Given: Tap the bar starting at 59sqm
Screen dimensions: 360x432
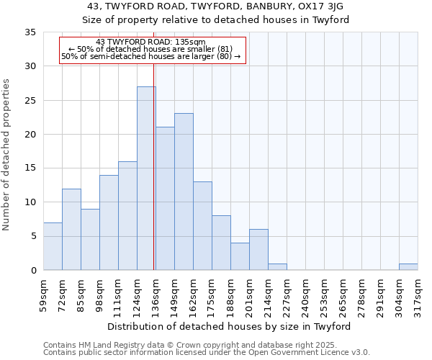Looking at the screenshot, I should tap(53, 246).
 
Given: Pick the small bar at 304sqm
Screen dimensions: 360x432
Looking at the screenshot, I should tap(408, 266).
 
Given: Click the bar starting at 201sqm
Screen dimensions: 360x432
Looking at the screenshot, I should tap(258, 250).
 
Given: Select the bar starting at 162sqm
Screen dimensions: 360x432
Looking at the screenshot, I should tap(202, 226).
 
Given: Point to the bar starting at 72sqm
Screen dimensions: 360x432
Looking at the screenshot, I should tap(71, 230).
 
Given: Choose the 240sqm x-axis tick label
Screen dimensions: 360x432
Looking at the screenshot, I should tap(307, 294).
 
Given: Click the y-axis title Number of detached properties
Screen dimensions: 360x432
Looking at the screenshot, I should tap(6, 155).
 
